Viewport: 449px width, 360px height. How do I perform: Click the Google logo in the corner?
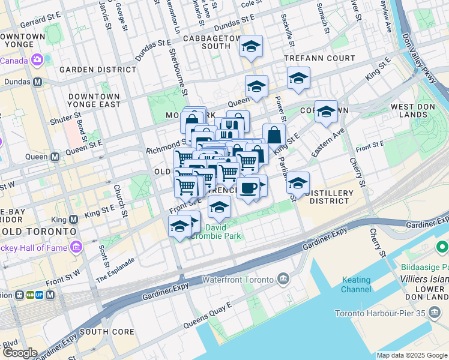coord(19,353)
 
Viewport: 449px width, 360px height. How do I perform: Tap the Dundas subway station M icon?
coord(37,82)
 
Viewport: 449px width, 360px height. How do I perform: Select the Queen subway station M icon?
coord(55,157)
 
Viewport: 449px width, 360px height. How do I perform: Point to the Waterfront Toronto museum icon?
coord(283,279)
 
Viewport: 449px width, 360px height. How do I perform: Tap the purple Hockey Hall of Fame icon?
coord(76,247)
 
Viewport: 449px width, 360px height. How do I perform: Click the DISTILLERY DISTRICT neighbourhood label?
coord(329,197)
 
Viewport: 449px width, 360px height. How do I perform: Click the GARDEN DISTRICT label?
coord(98,70)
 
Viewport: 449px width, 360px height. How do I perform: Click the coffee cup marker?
coord(248,188)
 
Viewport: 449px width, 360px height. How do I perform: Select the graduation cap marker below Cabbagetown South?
coord(251,46)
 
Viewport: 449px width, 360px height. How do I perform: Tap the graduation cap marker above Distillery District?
coord(297,182)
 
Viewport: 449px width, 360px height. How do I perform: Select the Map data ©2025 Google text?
coord(411,355)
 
